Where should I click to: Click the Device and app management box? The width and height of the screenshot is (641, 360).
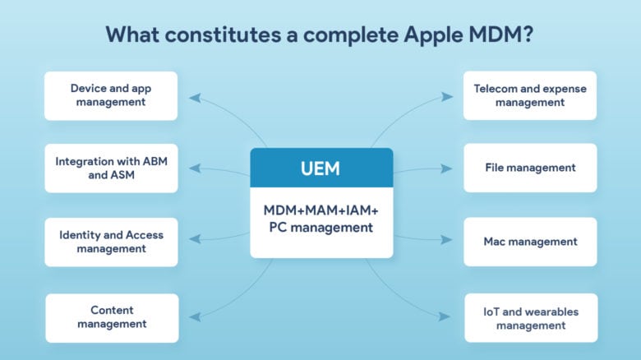111,95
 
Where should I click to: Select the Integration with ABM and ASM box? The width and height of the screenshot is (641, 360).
111,168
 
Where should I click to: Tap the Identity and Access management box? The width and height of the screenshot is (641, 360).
111,242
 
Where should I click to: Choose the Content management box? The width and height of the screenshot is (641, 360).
111,317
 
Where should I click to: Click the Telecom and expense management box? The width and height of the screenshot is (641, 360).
530,95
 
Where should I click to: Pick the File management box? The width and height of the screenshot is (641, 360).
530,168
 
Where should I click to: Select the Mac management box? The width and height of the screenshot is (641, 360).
530,242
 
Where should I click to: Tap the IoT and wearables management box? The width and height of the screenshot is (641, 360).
530,318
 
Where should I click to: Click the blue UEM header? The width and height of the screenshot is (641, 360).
321,168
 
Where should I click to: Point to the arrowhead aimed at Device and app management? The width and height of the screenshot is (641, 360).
194,97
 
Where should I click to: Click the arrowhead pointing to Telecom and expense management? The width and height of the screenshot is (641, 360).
447,97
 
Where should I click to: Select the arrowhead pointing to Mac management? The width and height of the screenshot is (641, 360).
447,241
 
